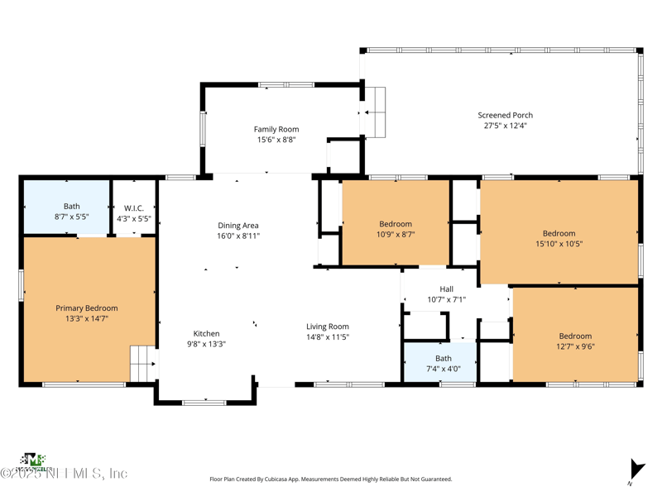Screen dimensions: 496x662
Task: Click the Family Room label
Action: pos(276,130)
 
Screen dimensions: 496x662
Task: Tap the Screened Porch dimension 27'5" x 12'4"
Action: pos(505,126)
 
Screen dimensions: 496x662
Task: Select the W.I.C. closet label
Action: pos(134,207)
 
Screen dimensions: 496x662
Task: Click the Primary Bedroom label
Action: pos(87,308)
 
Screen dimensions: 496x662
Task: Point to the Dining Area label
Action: pos(238,226)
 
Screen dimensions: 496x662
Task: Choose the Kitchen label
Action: pos(207,334)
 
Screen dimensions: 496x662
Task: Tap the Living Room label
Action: pos(328,327)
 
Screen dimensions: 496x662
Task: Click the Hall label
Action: pos(446,289)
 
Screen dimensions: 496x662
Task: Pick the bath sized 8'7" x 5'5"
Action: pos(72,212)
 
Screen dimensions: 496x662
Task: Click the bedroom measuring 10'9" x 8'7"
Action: pos(396,229)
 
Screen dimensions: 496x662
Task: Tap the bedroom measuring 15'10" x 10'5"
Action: pos(559,238)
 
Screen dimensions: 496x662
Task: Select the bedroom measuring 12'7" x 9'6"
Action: pos(575,341)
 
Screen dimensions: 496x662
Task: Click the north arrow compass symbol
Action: pos(635,470)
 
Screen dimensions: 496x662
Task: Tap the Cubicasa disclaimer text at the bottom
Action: pos(331,479)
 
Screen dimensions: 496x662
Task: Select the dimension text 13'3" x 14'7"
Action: pos(87,318)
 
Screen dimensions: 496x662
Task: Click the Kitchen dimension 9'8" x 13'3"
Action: pos(207,344)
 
